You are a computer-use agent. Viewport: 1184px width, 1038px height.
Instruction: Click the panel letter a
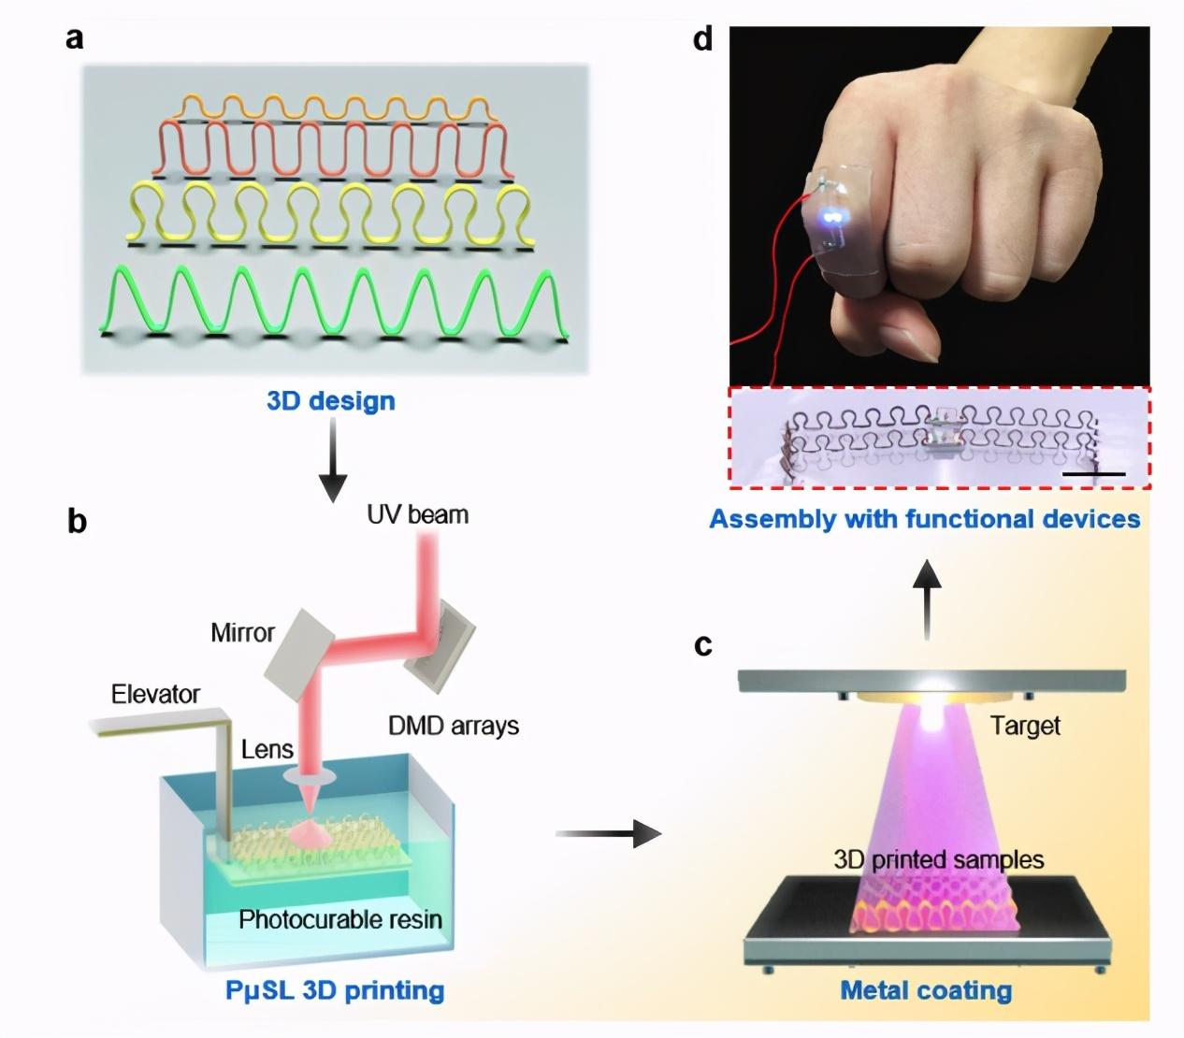74,39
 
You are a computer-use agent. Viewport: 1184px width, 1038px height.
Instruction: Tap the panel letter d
702,38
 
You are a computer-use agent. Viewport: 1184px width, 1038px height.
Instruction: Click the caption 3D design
331,401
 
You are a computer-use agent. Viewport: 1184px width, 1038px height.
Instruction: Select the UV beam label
418,514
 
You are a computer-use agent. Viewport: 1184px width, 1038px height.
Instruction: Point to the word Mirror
242,632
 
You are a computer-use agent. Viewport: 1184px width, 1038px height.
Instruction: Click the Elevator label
155,694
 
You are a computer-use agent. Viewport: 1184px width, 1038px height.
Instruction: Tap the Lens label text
267,749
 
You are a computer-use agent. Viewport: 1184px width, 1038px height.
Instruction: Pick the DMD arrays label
454,726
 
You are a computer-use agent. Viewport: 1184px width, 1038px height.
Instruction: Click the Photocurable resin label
340,920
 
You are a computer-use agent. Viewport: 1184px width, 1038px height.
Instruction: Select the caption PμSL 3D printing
335,990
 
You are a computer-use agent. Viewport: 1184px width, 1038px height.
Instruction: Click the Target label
1025,726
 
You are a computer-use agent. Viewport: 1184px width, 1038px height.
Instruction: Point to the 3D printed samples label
939,859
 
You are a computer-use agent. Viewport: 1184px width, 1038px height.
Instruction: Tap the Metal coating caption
926,990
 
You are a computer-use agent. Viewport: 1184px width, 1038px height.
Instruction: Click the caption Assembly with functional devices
925,519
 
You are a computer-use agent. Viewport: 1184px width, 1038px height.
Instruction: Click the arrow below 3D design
333,460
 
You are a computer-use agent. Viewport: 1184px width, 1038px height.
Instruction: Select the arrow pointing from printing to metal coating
608,833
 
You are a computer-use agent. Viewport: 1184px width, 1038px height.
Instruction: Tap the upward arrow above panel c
927,599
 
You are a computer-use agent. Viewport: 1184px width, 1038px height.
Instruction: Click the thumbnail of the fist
939,206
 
